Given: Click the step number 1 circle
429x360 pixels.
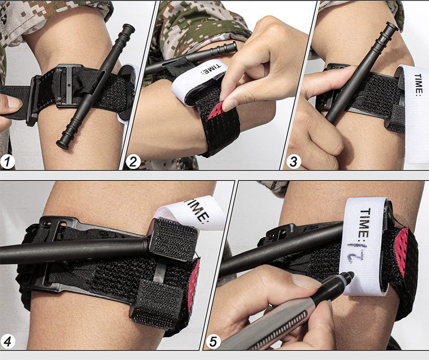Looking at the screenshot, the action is pos(7,162).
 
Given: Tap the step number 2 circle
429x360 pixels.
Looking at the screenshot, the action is pos(133,162).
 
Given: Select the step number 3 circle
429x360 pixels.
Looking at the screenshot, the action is pos(293,162).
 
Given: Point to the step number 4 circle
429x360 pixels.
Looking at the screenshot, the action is pos(7,342).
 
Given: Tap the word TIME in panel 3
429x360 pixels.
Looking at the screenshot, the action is pos(419,85).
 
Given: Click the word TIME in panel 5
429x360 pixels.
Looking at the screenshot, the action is pos(365,223).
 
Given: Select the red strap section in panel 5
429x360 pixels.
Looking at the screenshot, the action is pos(402,251).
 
